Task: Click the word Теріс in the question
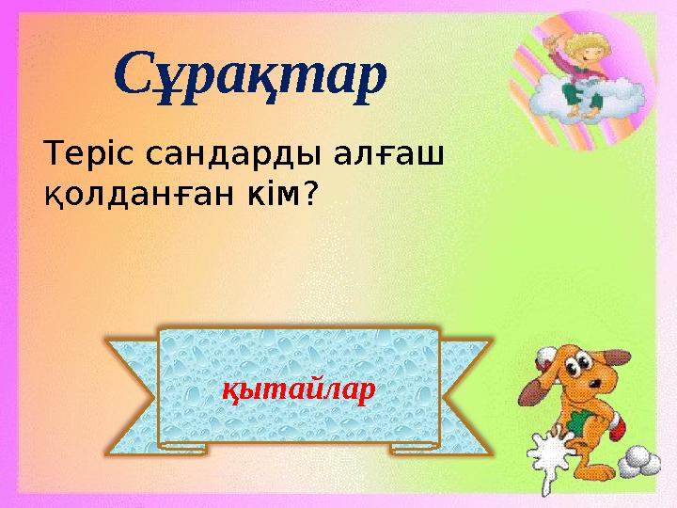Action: pos(83,156)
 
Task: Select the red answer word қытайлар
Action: pos(298,389)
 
